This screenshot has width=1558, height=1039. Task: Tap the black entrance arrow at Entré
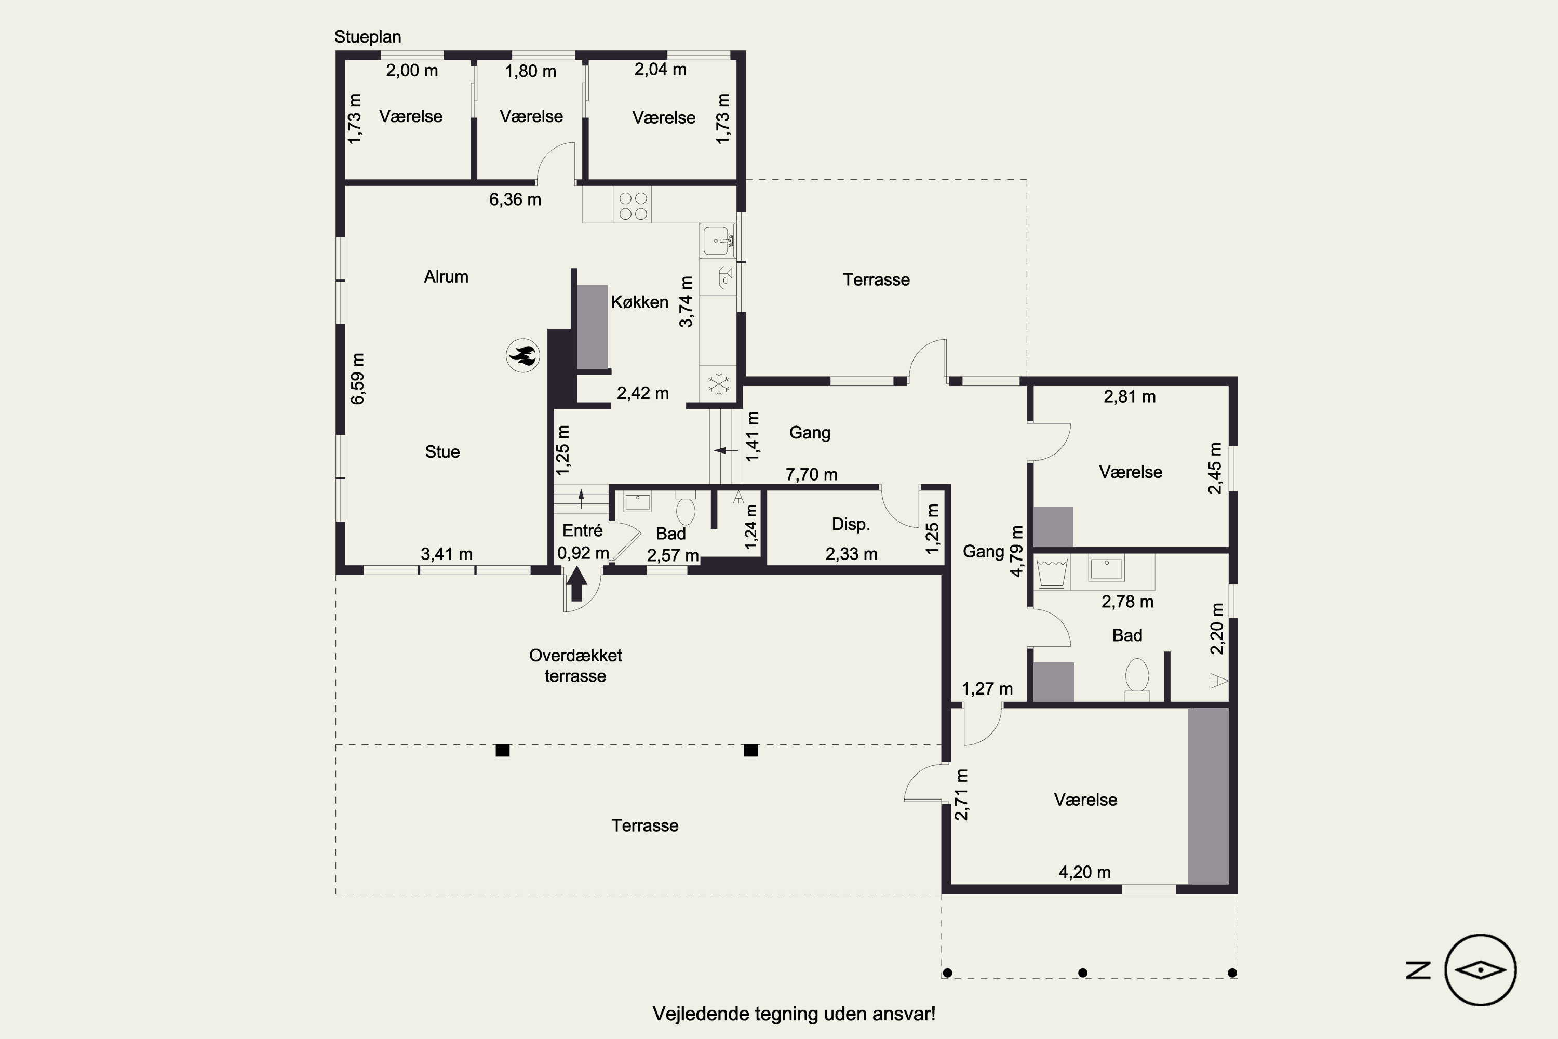(577, 583)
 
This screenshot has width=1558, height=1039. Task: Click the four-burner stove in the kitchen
(633, 205)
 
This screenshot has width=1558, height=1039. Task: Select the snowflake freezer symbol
(718, 384)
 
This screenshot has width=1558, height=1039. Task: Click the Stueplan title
(368, 37)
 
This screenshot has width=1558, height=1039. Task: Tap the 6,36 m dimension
(515, 199)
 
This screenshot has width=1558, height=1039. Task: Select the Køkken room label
(639, 302)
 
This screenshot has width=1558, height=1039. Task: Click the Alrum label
(446, 277)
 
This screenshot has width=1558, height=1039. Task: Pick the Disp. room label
(851, 525)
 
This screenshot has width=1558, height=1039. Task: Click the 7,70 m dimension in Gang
(811, 474)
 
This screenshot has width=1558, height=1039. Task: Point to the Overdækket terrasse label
(575, 665)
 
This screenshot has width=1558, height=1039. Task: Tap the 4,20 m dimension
(1084, 872)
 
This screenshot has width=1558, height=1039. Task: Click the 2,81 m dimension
(1130, 397)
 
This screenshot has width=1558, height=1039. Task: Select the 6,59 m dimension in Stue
(357, 378)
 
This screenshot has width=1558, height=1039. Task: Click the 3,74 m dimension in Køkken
(686, 301)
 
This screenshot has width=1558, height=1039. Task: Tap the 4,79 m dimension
(1016, 551)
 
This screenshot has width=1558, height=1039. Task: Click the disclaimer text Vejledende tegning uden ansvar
(794, 1014)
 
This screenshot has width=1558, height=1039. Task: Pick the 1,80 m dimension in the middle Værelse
(531, 71)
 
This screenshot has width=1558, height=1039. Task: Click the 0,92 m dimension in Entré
(583, 553)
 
